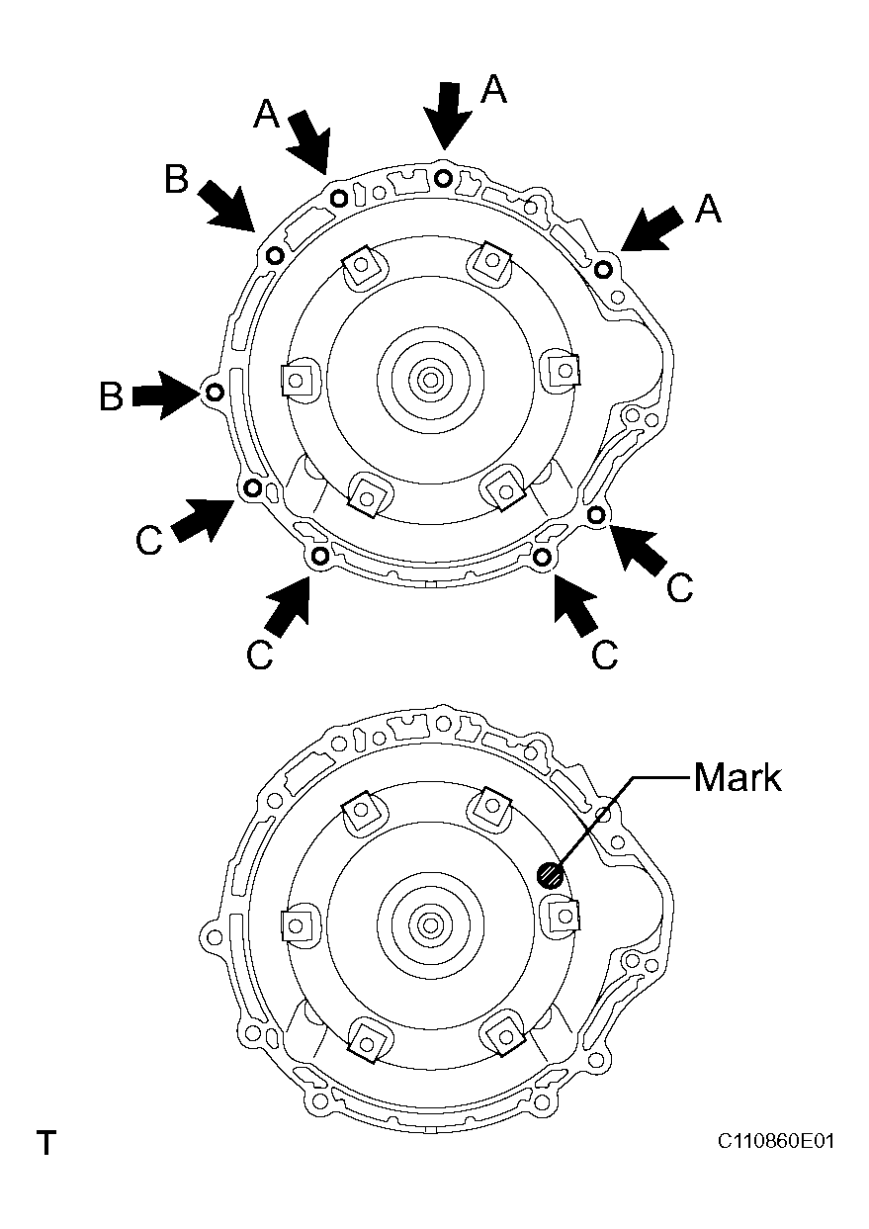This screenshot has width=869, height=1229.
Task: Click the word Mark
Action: (737, 777)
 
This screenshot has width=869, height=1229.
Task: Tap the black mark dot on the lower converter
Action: (550, 874)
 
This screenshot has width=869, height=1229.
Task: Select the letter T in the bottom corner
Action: (45, 1144)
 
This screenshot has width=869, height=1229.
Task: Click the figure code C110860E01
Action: (776, 1142)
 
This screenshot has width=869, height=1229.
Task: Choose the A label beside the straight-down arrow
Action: (494, 90)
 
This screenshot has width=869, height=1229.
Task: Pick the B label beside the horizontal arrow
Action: (111, 395)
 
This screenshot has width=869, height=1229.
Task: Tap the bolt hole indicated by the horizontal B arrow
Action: (214, 393)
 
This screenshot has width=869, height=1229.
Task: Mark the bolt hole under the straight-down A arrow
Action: (444, 178)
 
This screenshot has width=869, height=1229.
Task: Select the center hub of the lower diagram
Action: (429, 924)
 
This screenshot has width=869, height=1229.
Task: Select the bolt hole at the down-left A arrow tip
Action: (605, 267)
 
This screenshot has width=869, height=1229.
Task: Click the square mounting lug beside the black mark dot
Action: (564, 914)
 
